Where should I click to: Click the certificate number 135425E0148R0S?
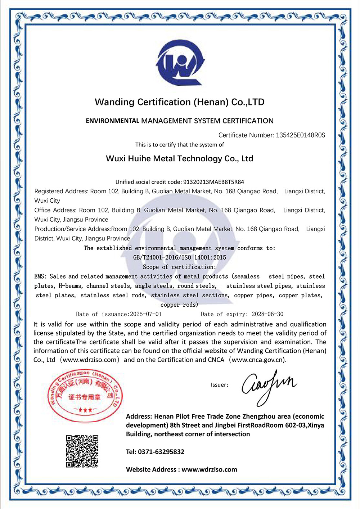[x=300, y=135]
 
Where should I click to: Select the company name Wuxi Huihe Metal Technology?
[x=179, y=159]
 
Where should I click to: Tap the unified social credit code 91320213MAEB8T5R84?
[x=213, y=182]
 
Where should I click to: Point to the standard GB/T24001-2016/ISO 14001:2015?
[x=179, y=258]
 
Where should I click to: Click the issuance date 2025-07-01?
[x=146, y=314]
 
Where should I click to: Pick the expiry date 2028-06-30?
[x=267, y=314]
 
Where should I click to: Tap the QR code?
[x=82, y=451]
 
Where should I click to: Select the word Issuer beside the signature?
[x=219, y=385]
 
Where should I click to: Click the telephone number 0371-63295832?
[x=161, y=452]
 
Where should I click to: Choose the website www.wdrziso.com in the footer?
[x=209, y=469]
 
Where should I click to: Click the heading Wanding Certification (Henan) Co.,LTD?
[x=179, y=102]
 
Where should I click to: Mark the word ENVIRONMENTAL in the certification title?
[x=112, y=121]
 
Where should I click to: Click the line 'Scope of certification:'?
[x=179, y=267]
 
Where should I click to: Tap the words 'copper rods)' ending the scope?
[x=179, y=305]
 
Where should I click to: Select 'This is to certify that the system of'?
[x=179, y=145]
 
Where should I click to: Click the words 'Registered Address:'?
[x=61, y=192]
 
